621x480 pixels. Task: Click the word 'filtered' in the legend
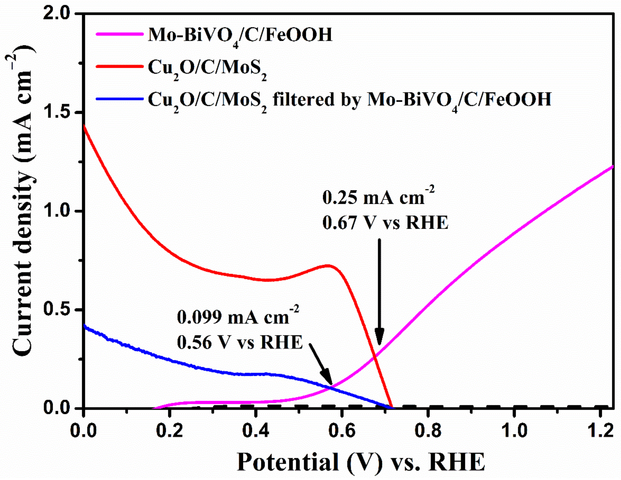click(x=303, y=99)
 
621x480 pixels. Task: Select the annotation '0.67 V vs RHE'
click(x=385, y=222)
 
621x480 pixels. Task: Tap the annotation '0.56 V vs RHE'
click(x=240, y=342)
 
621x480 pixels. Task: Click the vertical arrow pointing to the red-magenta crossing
click(x=379, y=290)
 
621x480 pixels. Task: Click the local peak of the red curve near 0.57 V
click(x=328, y=266)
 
